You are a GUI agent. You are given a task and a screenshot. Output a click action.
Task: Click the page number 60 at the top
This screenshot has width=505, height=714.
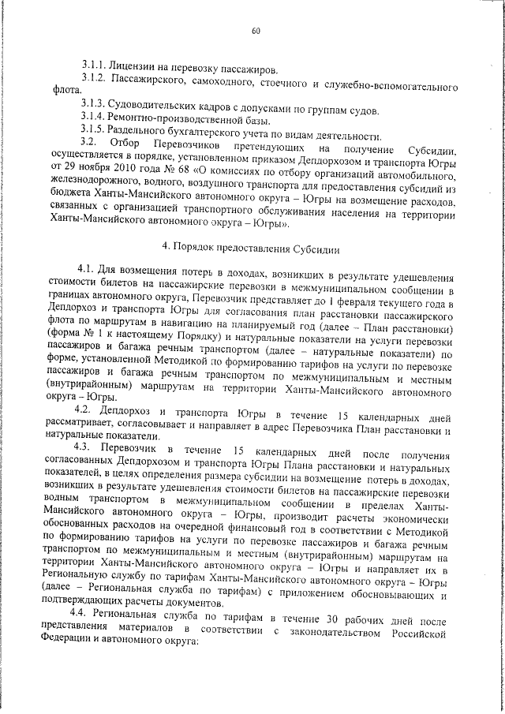256,32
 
